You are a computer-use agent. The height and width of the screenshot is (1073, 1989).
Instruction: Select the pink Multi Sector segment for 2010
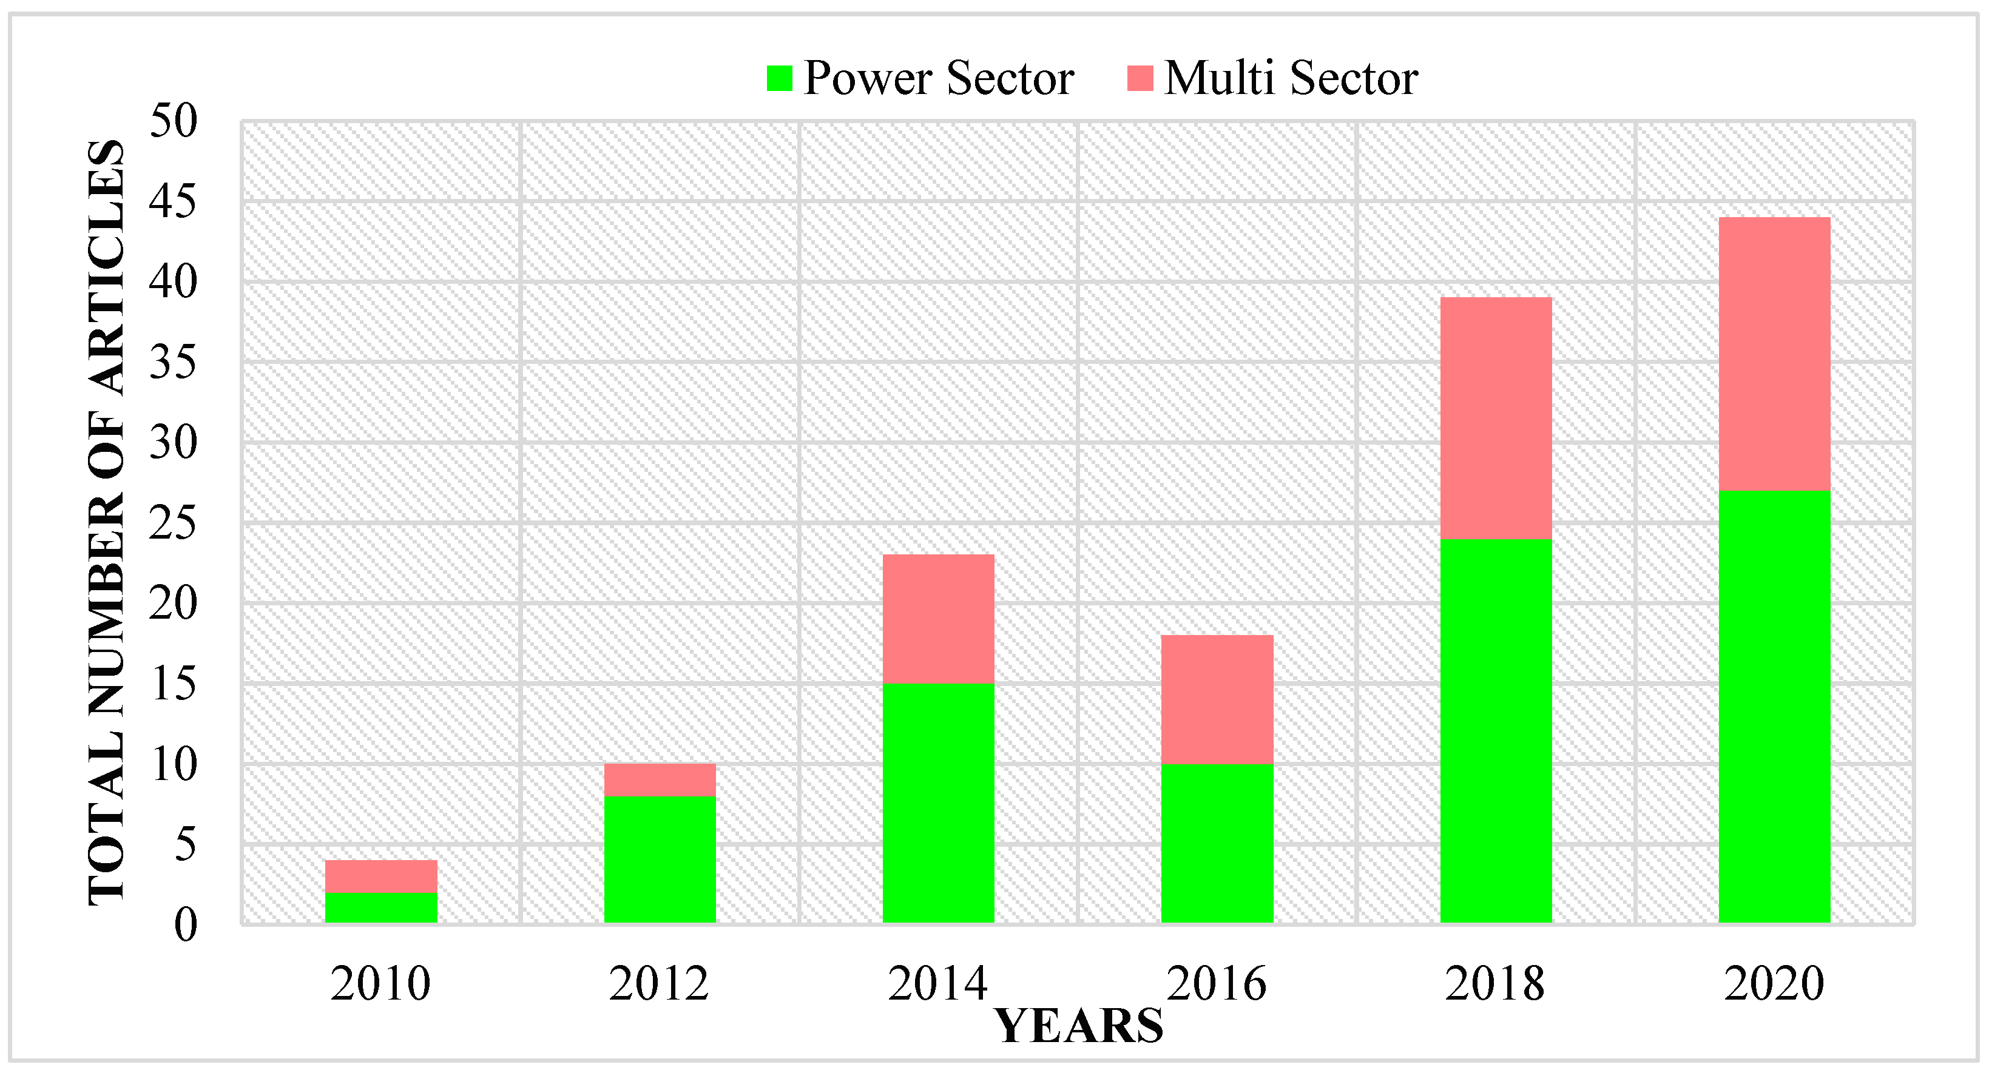(380, 876)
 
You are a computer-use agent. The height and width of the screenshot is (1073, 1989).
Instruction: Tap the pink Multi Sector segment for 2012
(660, 779)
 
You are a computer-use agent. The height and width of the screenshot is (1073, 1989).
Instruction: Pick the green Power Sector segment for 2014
(938, 803)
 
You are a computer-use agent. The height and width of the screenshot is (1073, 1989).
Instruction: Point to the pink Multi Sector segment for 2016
(1217, 699)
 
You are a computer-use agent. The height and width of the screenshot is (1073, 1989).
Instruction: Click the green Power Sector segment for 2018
(1496, 730)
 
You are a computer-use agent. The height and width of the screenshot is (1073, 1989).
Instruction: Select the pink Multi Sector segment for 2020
(1774, 354)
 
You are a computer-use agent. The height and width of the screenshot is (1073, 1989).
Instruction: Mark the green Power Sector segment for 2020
(1774, 706)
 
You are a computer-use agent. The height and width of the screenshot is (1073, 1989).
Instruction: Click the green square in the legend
(779, 78)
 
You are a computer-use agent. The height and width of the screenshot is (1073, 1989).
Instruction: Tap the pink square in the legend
(1140, 78)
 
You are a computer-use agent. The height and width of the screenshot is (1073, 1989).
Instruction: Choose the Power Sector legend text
(938, 78)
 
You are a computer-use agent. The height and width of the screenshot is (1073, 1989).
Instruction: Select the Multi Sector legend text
(1291, 78)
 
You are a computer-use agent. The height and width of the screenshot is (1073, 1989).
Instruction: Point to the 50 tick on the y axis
(174, 121)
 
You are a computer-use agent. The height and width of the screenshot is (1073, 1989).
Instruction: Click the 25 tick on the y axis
(174, 523)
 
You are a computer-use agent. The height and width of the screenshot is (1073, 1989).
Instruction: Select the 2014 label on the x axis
(937, 983)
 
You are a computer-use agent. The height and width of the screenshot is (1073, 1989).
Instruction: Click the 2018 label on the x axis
(1495, 983)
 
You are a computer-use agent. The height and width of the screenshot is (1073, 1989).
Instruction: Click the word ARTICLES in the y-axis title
(106, 266)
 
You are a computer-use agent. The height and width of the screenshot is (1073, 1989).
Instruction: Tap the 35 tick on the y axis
(174, 363)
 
